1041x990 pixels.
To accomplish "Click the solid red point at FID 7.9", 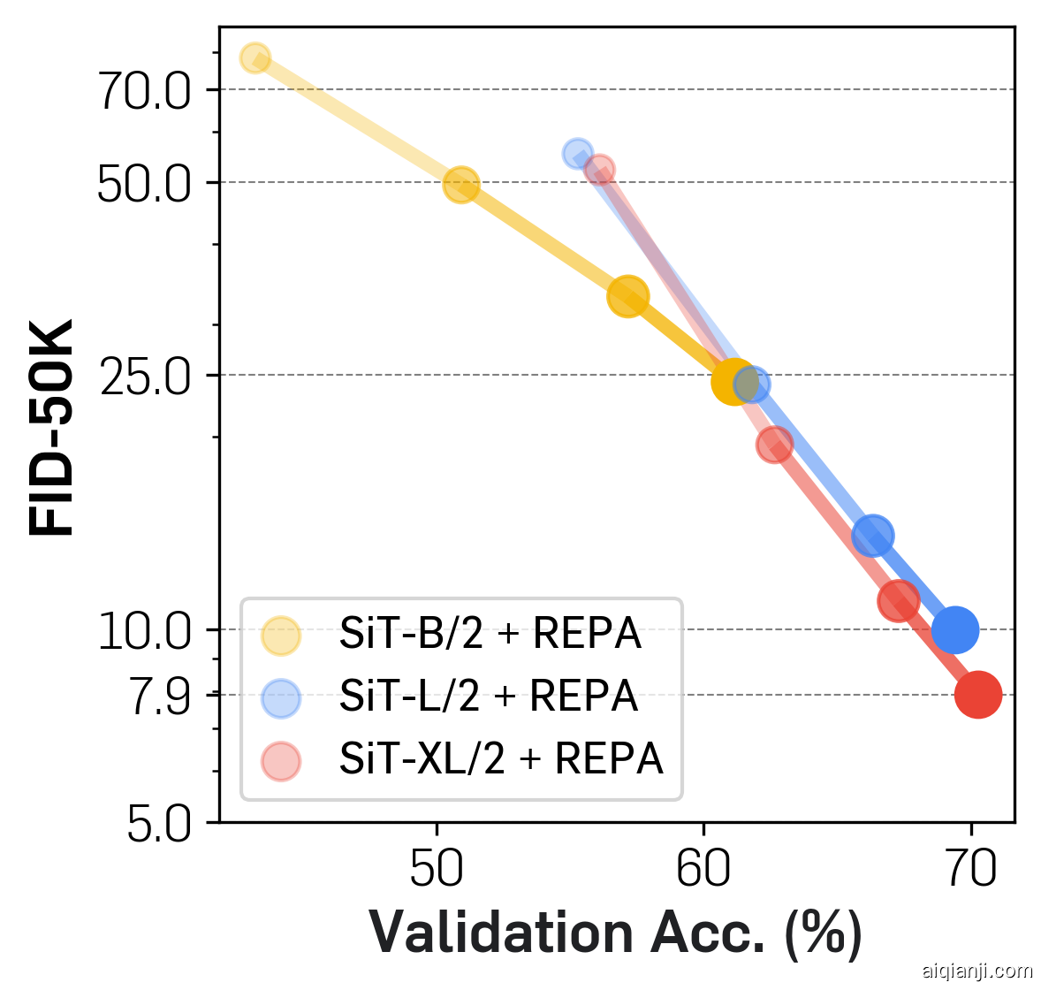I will click(977, 695).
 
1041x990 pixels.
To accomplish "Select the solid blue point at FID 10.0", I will click(954, 629).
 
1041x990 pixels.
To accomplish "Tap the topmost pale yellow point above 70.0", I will click(255, 57).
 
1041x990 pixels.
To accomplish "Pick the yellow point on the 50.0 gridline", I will click(460, 185).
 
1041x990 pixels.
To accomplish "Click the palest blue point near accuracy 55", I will click(577, 154).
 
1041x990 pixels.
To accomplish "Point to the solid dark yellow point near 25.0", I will click(733, 382).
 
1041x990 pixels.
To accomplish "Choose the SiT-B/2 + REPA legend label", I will click(490, 634).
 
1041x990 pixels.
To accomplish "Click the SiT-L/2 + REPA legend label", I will click(489, 697).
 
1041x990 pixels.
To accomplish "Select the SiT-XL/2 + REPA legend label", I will click(501, 759).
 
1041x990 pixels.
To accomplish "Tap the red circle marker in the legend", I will click(281, 761).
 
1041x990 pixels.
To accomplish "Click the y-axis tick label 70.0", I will click(143, 92).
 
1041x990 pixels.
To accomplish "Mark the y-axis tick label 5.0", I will click(159, 826).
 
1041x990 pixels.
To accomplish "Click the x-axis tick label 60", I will click(703, 870).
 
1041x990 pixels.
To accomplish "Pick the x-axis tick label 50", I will click(437, 870).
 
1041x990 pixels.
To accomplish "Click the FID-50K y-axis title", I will click(51, 428).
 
